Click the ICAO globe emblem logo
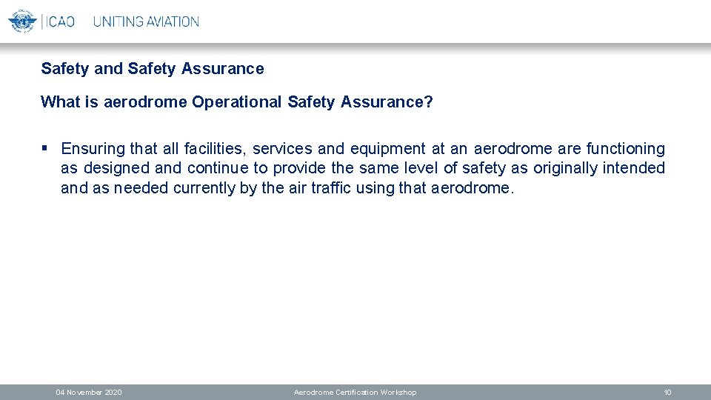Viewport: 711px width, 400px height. [x=21, y=21]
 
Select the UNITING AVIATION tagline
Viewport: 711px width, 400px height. [x=146, y=21]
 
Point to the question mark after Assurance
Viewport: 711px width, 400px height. [x=429, y=102]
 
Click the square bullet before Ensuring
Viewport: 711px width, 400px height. [x=46, y=149]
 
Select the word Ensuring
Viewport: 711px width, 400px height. [x=93, y=150]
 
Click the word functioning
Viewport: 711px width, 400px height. [x=625, y=150]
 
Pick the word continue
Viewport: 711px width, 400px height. [x=218, y=169]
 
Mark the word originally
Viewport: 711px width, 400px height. [x=565, y=169]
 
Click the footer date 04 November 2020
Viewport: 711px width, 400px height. [x=89, y=392]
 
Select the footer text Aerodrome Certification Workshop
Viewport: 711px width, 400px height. [x=355, y=392]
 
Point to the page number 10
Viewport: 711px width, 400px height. [x=667, y=392]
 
